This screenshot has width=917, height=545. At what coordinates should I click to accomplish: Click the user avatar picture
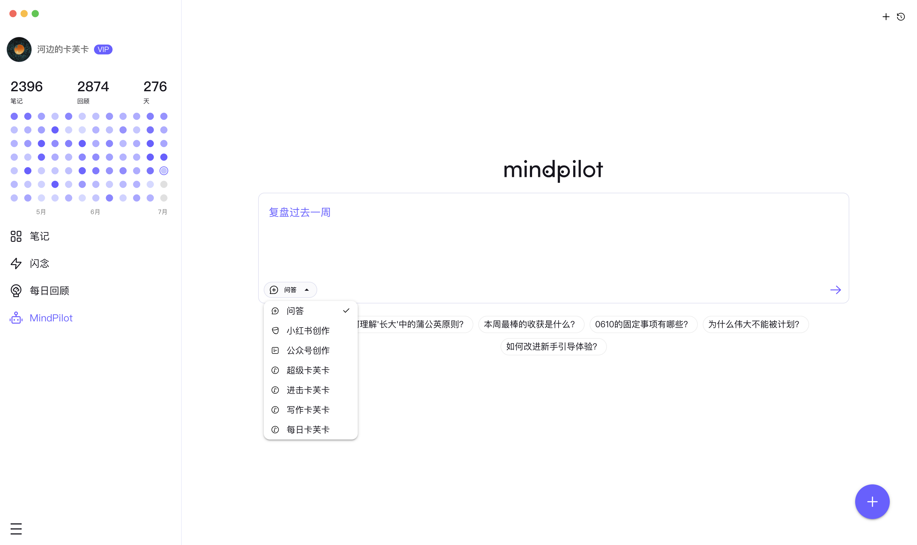pyautogui.click(x=19, y=49)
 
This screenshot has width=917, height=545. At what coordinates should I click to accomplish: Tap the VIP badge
pyautogui.click(x=103, y=49)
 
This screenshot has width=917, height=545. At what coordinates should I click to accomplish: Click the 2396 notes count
pyautogui.click(x=26, y=87)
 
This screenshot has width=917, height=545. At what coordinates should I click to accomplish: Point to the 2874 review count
pyautogui.click(x=93, y=87)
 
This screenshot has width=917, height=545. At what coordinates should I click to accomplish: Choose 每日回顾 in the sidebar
pyautogui.click(x=40, y=290)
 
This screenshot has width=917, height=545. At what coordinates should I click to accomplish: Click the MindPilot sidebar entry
pyautogui.click(x=41, y=318)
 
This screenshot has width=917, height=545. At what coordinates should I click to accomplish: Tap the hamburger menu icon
pyautogui.click(x=16, y=529)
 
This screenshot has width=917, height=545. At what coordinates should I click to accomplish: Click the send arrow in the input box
pyautogui.click(x=835, y=290)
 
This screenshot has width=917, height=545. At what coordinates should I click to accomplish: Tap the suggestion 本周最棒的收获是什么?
pyautogui.click(x=531, y=324)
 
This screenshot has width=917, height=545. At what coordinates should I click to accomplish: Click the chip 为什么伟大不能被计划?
pyautogui.click(x=756, y=324)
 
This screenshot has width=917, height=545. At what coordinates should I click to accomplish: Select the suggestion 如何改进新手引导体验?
pyautogui.click(x=553, y=346)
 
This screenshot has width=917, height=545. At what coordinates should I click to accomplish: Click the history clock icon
pyautogui.click(x=901, y=16)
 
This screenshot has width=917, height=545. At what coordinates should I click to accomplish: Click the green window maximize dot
pyautogui.click(x=35, y=14)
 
